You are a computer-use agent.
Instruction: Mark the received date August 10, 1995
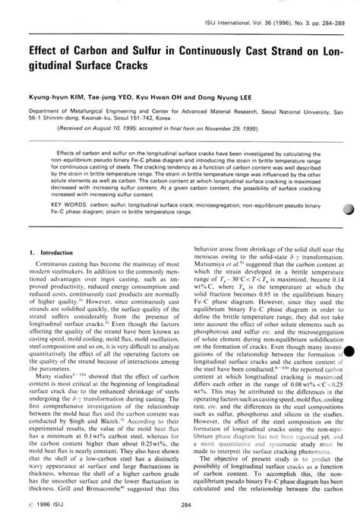pos(99,129)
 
